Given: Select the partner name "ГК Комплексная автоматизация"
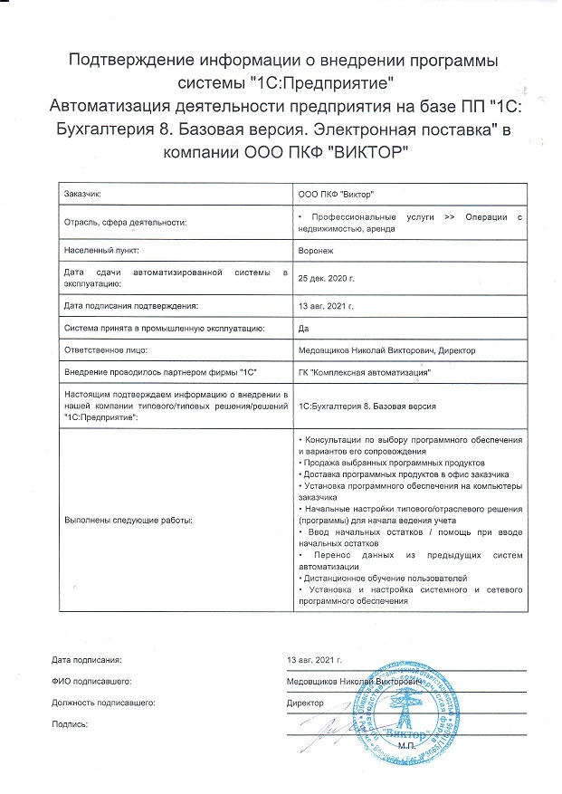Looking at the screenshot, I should click(x=364, y=372).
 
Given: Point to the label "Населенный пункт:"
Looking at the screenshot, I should click(x=100, y=248).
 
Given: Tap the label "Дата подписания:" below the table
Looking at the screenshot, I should click(x=86, y=658).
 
